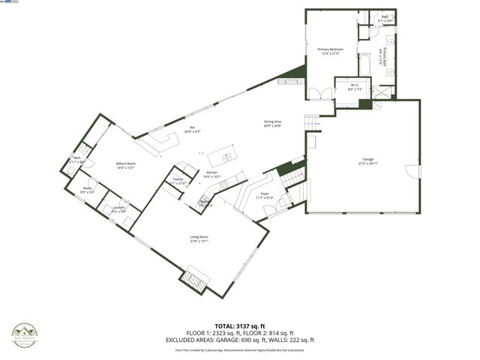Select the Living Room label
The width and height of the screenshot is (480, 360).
coord(199,239)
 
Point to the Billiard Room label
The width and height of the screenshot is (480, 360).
coord(125,165)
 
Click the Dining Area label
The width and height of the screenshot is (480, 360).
coord(272,123)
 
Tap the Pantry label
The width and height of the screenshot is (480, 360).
coord(178,181)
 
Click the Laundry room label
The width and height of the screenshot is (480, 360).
coord(118,209)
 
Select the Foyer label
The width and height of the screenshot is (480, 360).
coord(265,195)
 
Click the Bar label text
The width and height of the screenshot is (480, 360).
coord(192,129)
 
